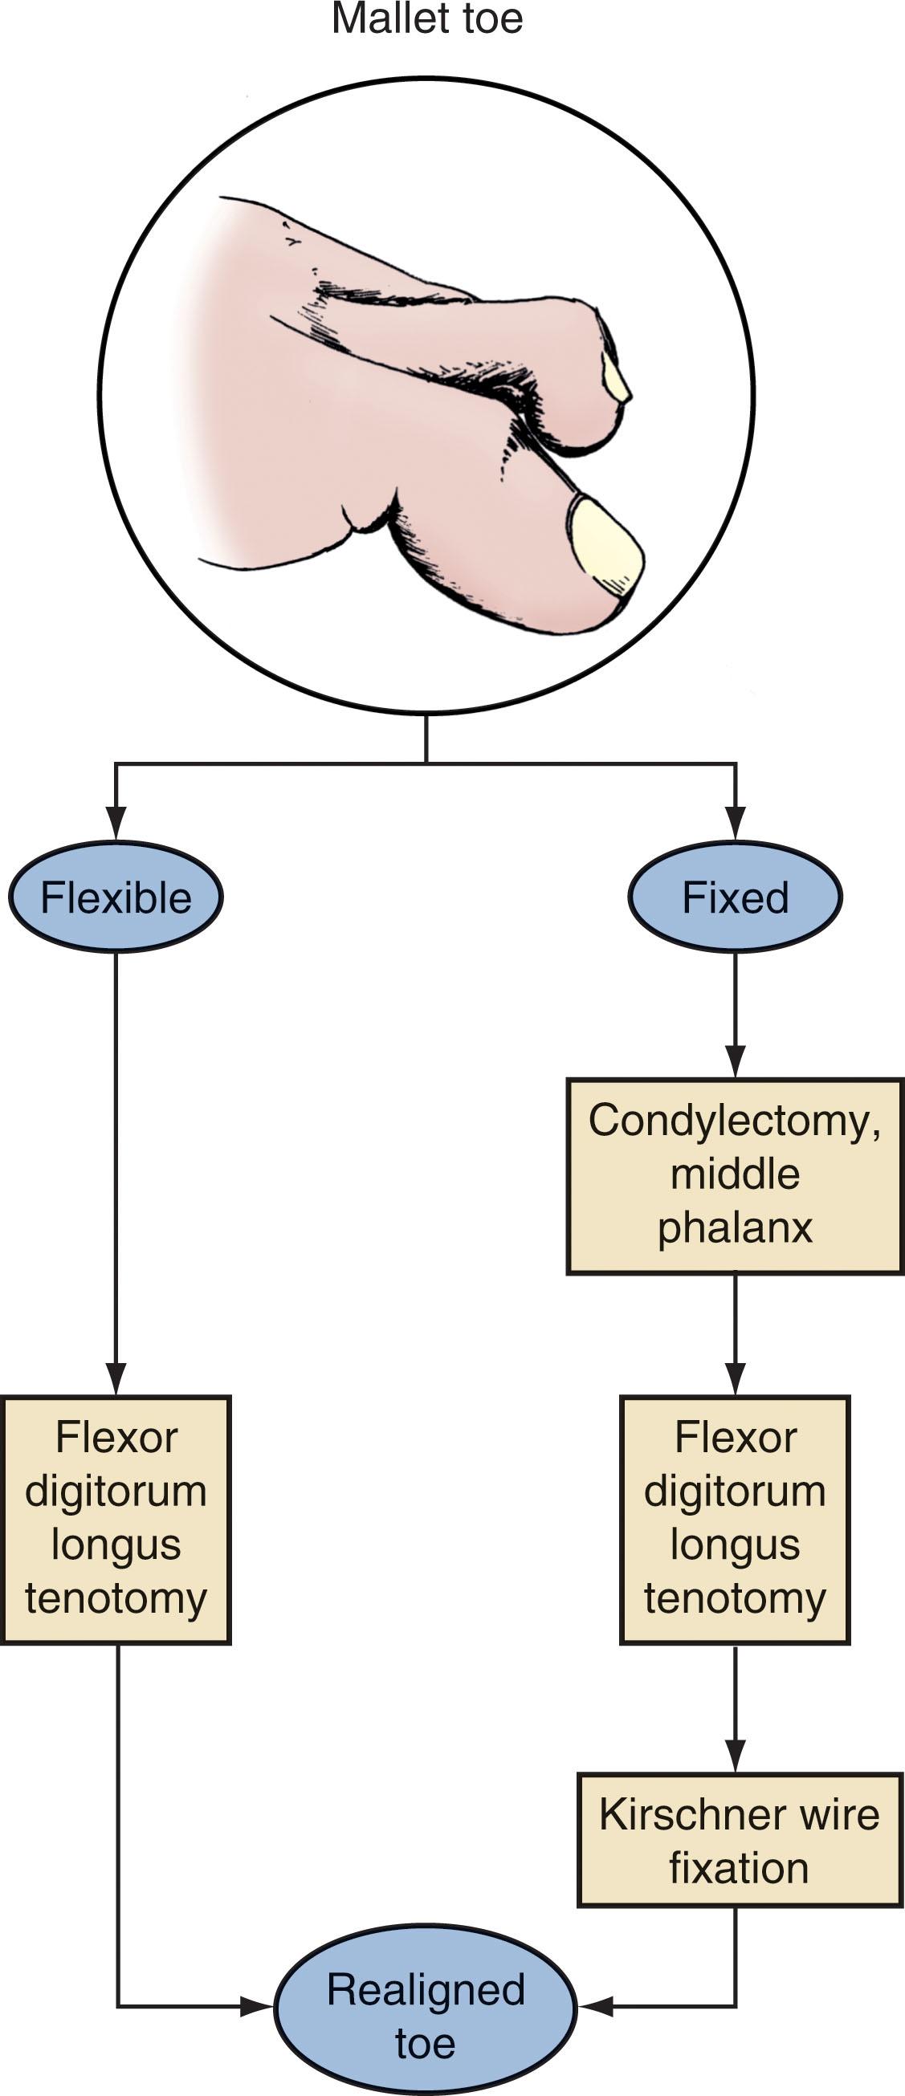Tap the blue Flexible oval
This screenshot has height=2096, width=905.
(x=116, y=897)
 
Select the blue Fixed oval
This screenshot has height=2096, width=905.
(x=735, y=897)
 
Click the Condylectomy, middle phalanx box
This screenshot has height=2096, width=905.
(x=735, y=1175)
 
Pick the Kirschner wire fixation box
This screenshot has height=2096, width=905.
(x=739, y=1841)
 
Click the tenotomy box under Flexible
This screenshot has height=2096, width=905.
(x=116, y=1520)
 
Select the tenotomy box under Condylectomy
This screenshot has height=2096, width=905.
(x=735, y=1520)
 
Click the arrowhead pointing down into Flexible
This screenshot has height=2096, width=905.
(x=116, y=824)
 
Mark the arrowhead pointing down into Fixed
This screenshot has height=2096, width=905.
(x=735, y=824)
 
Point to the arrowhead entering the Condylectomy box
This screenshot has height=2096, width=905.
(x=735, y=1062)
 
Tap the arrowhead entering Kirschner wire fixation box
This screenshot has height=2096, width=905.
(x=735, y=1756)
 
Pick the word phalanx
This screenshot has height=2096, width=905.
(x=735, y=1228)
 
